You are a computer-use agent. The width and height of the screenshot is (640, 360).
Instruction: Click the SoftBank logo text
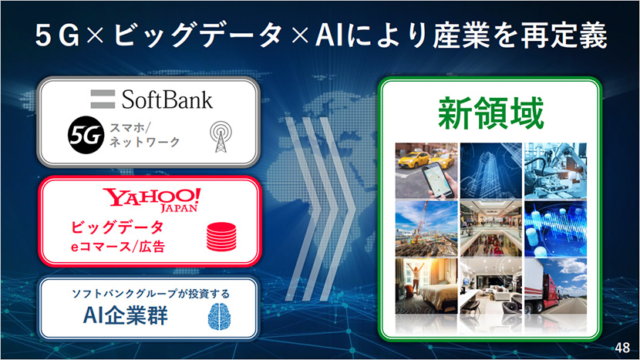pyautogui.click(x=167, y=99)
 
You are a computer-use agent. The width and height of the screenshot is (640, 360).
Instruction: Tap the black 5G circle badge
pyautogui.click(x=86, y=135)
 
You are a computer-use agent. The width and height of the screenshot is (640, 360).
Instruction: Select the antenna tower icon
pyautogui.click(x=221, y=136)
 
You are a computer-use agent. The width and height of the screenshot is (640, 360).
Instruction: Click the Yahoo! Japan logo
pyautogui.click(x=152, y=200)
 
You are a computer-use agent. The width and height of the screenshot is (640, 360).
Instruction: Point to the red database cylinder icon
pyautogui.click(x=221, y=237)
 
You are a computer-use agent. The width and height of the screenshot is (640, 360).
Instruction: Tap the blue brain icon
pyautogui.click(x=220, y=316)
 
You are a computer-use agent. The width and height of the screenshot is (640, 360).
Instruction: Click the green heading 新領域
pyautogui.click(x=490, y=113)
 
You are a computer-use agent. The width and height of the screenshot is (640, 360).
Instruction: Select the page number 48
pyautogui.click(x=622, y=348)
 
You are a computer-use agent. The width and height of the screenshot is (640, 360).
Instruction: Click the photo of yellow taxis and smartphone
pyautogui.click(x=426, y=170)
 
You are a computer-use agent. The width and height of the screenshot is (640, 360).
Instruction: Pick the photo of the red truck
pyautogui.click(x=555, y=286)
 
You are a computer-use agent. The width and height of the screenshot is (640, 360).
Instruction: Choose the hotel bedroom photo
pyautogui.click(x=426, y=286)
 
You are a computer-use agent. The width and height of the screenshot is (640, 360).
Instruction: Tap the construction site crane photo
pyautogui.click(x=426, y=229)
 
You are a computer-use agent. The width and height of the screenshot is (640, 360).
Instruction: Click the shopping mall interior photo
pyautogui.click(x=491, y=229)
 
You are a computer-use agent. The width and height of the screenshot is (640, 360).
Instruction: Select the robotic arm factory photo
pyautogui.click(x=555, y=170)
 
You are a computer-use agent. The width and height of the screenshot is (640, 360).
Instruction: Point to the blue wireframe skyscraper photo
pyautogui.click(x=491, y=170)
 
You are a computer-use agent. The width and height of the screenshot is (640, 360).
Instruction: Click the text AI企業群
pyautogui.click(x=126, y=315)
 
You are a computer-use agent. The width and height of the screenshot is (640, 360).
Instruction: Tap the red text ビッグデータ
pyautogui.click(x=117, y=227)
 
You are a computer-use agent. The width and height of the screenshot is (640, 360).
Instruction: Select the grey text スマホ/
pyautogui.click(x=130, y=128)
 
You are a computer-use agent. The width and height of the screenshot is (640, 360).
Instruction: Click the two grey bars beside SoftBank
pyautogui.click(x=103, y=99)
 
